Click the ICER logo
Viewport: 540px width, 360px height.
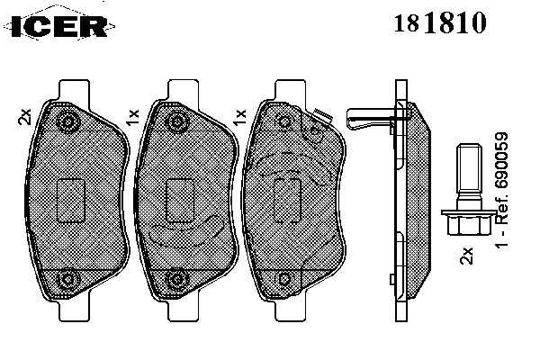coord(59,26)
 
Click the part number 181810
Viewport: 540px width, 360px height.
coord(440,22)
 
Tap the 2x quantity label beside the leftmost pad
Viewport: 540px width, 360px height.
coord(25,116)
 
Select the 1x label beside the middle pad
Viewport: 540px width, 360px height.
coord(132,117)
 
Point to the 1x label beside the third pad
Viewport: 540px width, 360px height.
coord(239,117)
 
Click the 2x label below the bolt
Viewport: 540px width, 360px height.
coord(466,256)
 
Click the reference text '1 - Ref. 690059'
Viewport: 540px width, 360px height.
coord(501,190)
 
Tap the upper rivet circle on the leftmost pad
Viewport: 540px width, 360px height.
coord(67,121)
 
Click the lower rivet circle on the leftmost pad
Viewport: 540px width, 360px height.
coord(67,279)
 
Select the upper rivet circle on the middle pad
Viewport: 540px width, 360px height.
coord(176,121)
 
